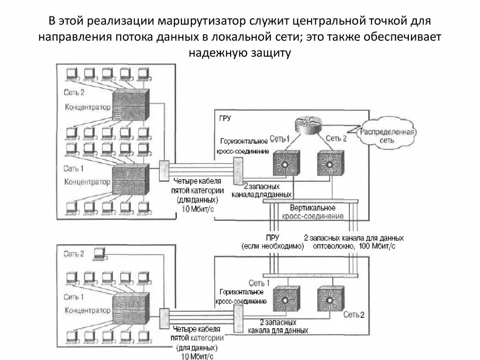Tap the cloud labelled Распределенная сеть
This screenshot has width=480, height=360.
click(x=387, y=135)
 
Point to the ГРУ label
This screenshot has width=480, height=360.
click(x=225, y=118)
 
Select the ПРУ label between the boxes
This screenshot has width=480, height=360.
click(x=272, y=238)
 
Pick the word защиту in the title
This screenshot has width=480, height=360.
click(x=266, y=53)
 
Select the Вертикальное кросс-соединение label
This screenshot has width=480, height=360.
click(x=313, y=212)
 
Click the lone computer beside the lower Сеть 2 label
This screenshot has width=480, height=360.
click(x=99, y=254)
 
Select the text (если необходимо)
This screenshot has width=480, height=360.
click(x=273, y=246)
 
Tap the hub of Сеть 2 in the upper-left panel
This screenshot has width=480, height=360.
click(x=132, y=105)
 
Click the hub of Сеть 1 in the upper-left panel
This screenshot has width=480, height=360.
click(x=132, y=178)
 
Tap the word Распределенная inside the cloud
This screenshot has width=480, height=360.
click(x=387, y=132)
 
